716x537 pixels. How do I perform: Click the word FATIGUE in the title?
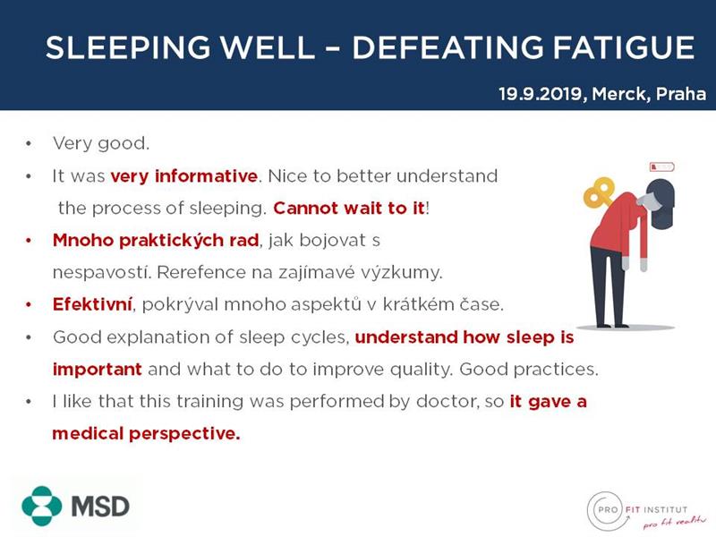[624, 47]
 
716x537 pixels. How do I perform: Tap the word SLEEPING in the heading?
[128, 47]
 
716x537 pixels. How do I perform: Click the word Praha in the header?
[681, 94]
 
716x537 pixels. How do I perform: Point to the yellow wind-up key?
[598, 192]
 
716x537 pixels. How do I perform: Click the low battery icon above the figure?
[661, 166]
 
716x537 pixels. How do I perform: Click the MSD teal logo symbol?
[41, 506]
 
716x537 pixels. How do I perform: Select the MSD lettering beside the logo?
[100, 507]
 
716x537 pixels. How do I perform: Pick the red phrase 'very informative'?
[184, 175]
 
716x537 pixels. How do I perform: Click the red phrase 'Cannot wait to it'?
[349, 209]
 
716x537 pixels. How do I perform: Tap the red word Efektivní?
[92, 304]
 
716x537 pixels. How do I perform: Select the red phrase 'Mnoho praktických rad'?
[156, 241]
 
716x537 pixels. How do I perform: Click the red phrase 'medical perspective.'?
[146, 433]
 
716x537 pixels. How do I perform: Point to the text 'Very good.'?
[101, 144]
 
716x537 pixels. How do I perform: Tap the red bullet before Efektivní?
[30, 304]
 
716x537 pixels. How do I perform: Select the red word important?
[98, 370]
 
